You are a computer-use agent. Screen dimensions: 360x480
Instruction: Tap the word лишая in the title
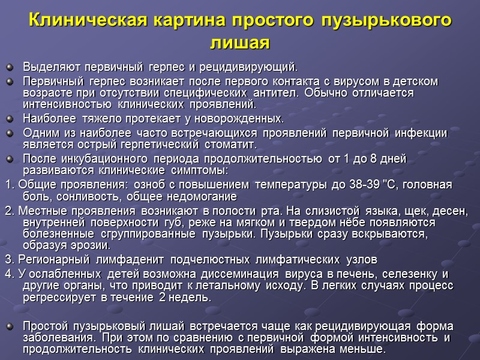pos(240,43)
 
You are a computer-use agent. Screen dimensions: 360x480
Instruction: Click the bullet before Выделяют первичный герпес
pos(8,65)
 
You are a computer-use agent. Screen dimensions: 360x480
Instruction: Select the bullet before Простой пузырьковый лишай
pos(8,326)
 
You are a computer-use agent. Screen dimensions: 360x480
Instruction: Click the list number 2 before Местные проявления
pos(7,211)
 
